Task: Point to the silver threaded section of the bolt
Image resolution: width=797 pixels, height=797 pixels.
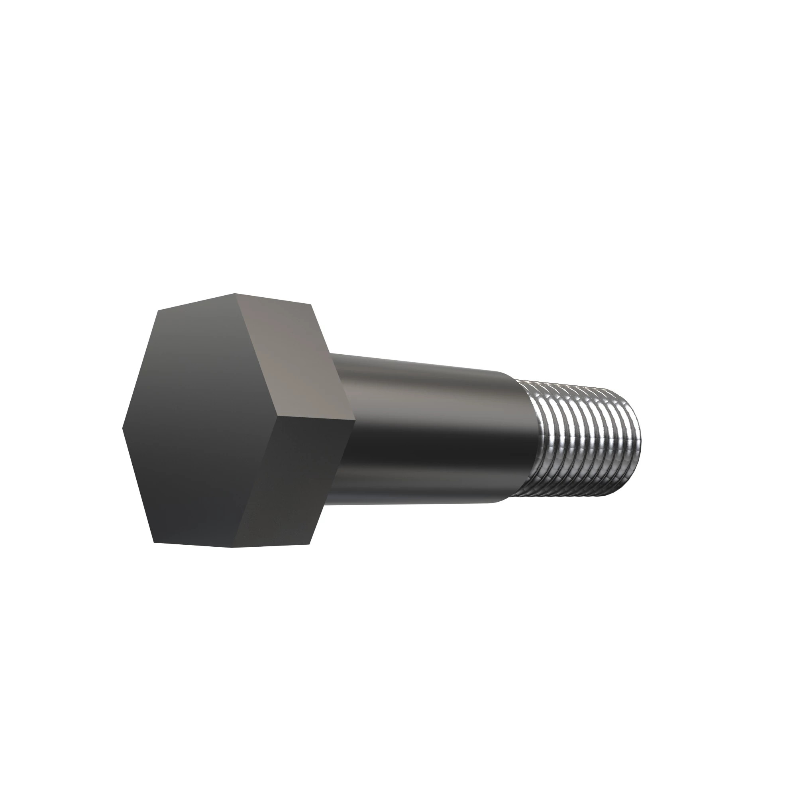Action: (x=586, y=442)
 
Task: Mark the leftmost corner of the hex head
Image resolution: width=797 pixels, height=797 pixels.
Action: (x=123, y=428)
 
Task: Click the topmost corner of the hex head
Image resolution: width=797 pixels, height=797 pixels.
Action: (x=235, y=294)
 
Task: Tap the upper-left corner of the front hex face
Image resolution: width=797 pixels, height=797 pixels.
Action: (x=158, y=309)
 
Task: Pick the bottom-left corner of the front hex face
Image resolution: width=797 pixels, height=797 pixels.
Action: (x=154, y=542)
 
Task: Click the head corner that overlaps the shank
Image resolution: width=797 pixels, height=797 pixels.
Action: (x=355, y=420)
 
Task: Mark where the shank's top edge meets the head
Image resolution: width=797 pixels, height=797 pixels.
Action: (x=330, y=353)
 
